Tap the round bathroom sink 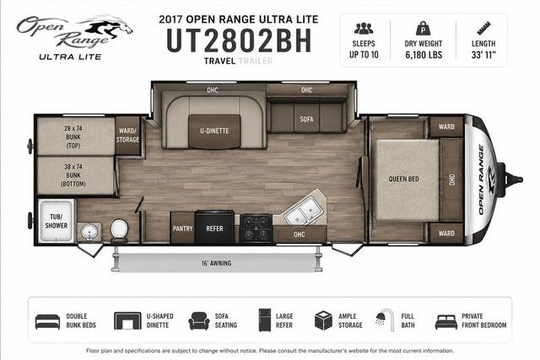89,233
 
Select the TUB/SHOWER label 57,221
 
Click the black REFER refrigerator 214,227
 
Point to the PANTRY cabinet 182,228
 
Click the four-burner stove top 256,228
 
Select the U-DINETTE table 214,132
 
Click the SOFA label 306,119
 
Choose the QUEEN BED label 403,179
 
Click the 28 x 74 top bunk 75,137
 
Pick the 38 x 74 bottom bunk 75,175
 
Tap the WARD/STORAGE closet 127,135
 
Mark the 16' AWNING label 216,263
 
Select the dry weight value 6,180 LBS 424,55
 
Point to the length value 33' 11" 483,55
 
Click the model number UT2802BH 239,40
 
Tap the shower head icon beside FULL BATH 385,320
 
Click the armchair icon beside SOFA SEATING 199,321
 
